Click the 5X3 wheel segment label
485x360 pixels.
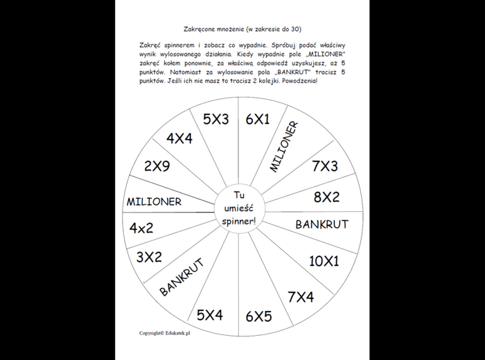tap(215, 119)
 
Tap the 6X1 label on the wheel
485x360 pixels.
tap(257, 119)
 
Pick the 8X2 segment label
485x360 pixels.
tap(326, 197)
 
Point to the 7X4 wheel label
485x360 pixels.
tap(300, 297)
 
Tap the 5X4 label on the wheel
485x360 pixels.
tap(209, 315)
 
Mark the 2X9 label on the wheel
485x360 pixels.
tap(157, 166)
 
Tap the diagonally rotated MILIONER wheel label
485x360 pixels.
tap(284, 147)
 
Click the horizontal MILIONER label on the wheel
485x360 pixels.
tap(154, 201)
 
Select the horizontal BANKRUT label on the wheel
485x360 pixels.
tap(321, 224)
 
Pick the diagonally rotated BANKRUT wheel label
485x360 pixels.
tap(181, 277)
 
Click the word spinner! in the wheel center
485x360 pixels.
tap(239, 221)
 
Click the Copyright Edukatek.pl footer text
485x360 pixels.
tap(165, 333)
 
